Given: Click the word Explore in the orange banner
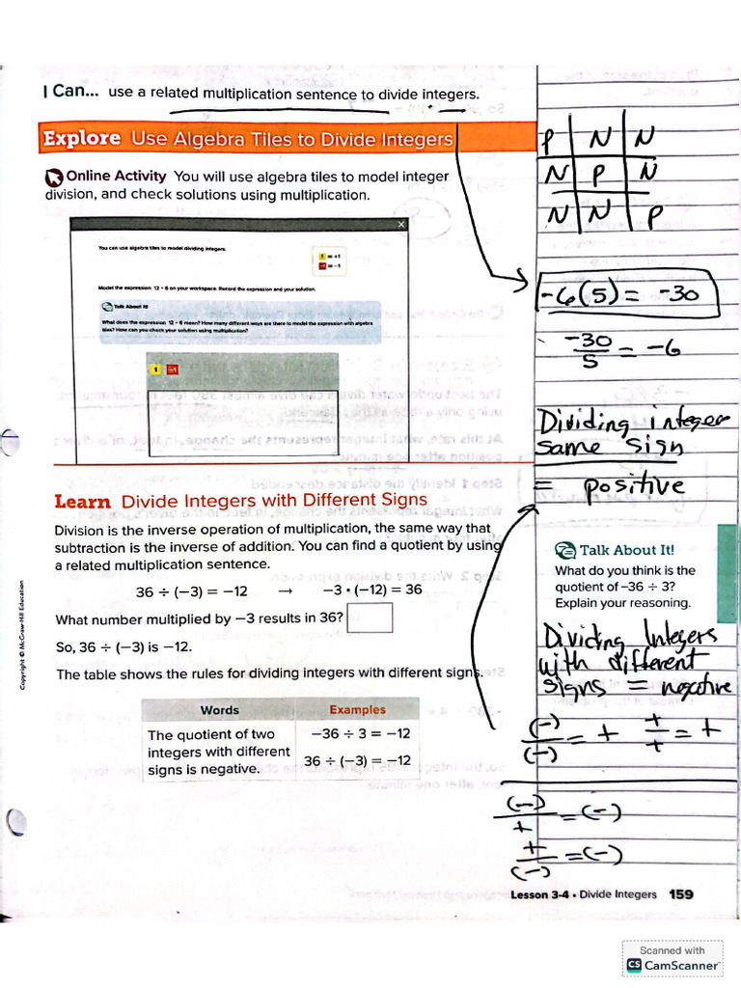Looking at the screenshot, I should (82, 138).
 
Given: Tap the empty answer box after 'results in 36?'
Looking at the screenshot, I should (369, 617).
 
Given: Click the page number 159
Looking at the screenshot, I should (681, 894).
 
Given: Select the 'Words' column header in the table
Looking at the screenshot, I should (219, 709).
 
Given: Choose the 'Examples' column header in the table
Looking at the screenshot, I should (357, 709).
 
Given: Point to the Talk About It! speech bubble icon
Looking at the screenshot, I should (564, 550).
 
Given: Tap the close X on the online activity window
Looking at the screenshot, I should (401, 224).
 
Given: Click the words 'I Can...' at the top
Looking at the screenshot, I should (70, 93).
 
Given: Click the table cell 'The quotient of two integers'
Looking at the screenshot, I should (217, 752).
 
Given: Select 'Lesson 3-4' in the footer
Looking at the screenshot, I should (541, 894).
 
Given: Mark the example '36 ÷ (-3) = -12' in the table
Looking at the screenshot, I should (357, 761).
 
